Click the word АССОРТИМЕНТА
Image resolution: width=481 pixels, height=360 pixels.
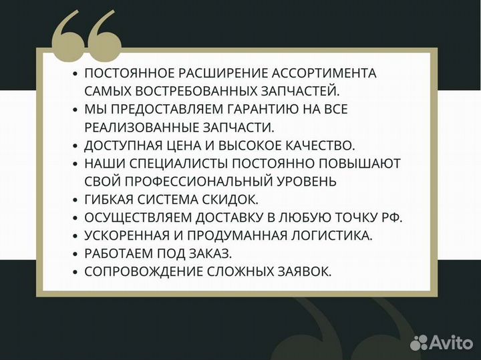coord(320,73)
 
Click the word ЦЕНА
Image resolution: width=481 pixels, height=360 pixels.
coord(191,145)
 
